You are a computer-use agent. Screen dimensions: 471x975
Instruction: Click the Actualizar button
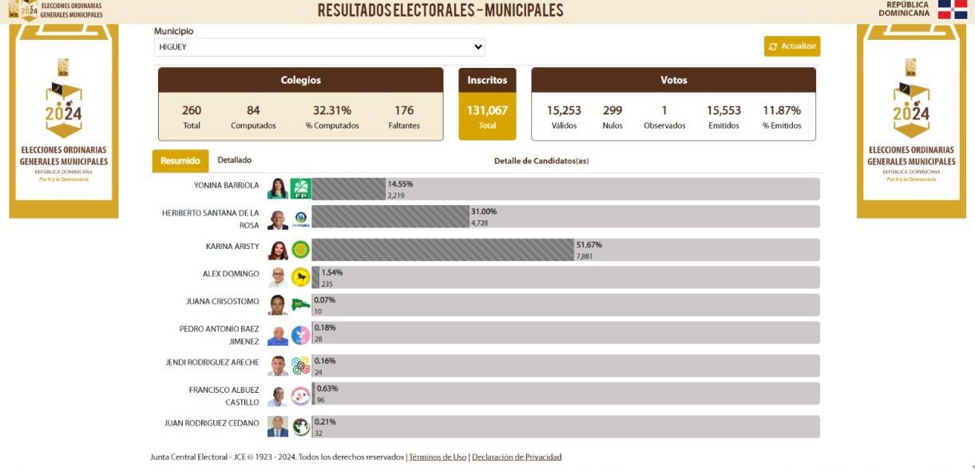(791, 46)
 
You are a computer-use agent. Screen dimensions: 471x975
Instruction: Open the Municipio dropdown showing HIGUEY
(319, 47)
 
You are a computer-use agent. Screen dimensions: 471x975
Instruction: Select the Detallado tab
(234, 160)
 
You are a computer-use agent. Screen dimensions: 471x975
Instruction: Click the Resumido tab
(180, 161)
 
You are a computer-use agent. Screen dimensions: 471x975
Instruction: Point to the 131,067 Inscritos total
(487, 111)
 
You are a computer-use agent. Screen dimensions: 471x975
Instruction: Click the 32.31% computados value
(332, 111)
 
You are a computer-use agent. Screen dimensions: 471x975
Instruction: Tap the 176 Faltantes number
(404, 111)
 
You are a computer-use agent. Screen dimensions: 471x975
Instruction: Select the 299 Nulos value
(612, 111)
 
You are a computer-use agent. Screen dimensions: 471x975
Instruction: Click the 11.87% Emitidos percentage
(782, 111)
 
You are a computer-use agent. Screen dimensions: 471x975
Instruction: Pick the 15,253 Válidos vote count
(564, 111)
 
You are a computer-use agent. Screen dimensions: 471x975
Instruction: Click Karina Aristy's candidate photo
(278, 250)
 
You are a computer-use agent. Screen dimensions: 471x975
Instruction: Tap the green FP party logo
(300, 189)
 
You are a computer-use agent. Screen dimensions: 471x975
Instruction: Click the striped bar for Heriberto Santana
(390, 216)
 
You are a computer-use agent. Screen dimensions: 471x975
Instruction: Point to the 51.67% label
(589, 245)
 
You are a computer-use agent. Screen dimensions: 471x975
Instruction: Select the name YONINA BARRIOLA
(226, 185)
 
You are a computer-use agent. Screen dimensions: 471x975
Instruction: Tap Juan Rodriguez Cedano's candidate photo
(278, 426)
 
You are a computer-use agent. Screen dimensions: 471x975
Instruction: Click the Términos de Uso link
(438, 457)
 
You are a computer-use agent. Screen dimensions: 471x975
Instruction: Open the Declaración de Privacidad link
(517, 457)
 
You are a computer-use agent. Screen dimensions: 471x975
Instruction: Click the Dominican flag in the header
(952, 10)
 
